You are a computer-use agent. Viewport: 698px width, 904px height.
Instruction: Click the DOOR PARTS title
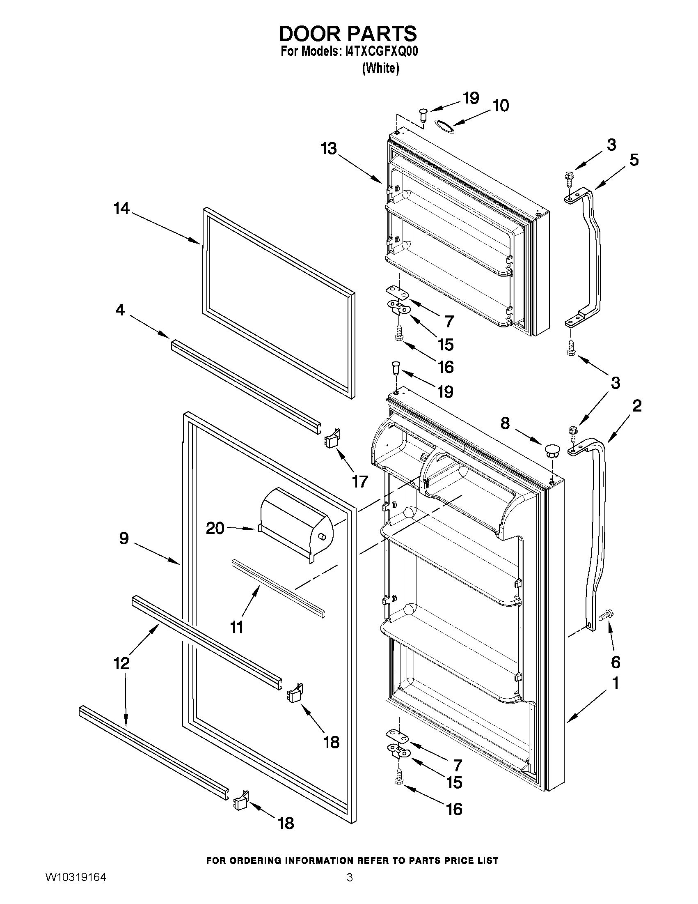348,33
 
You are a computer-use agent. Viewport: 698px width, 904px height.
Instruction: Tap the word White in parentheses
380,68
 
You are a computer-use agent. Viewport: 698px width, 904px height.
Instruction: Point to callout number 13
329,149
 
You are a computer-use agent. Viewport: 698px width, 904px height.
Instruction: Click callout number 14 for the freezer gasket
121,209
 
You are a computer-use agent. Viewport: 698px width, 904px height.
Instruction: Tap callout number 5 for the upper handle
634,160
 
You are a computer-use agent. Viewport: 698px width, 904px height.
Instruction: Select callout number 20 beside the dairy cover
215,528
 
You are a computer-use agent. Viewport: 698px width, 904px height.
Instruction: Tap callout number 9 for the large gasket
124,538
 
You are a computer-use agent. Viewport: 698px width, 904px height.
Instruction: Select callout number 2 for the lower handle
637,406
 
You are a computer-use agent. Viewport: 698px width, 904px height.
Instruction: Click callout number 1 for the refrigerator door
615,683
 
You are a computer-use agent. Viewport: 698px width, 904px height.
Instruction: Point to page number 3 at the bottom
350,889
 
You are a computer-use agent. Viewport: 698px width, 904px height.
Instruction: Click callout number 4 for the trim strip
120,310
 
